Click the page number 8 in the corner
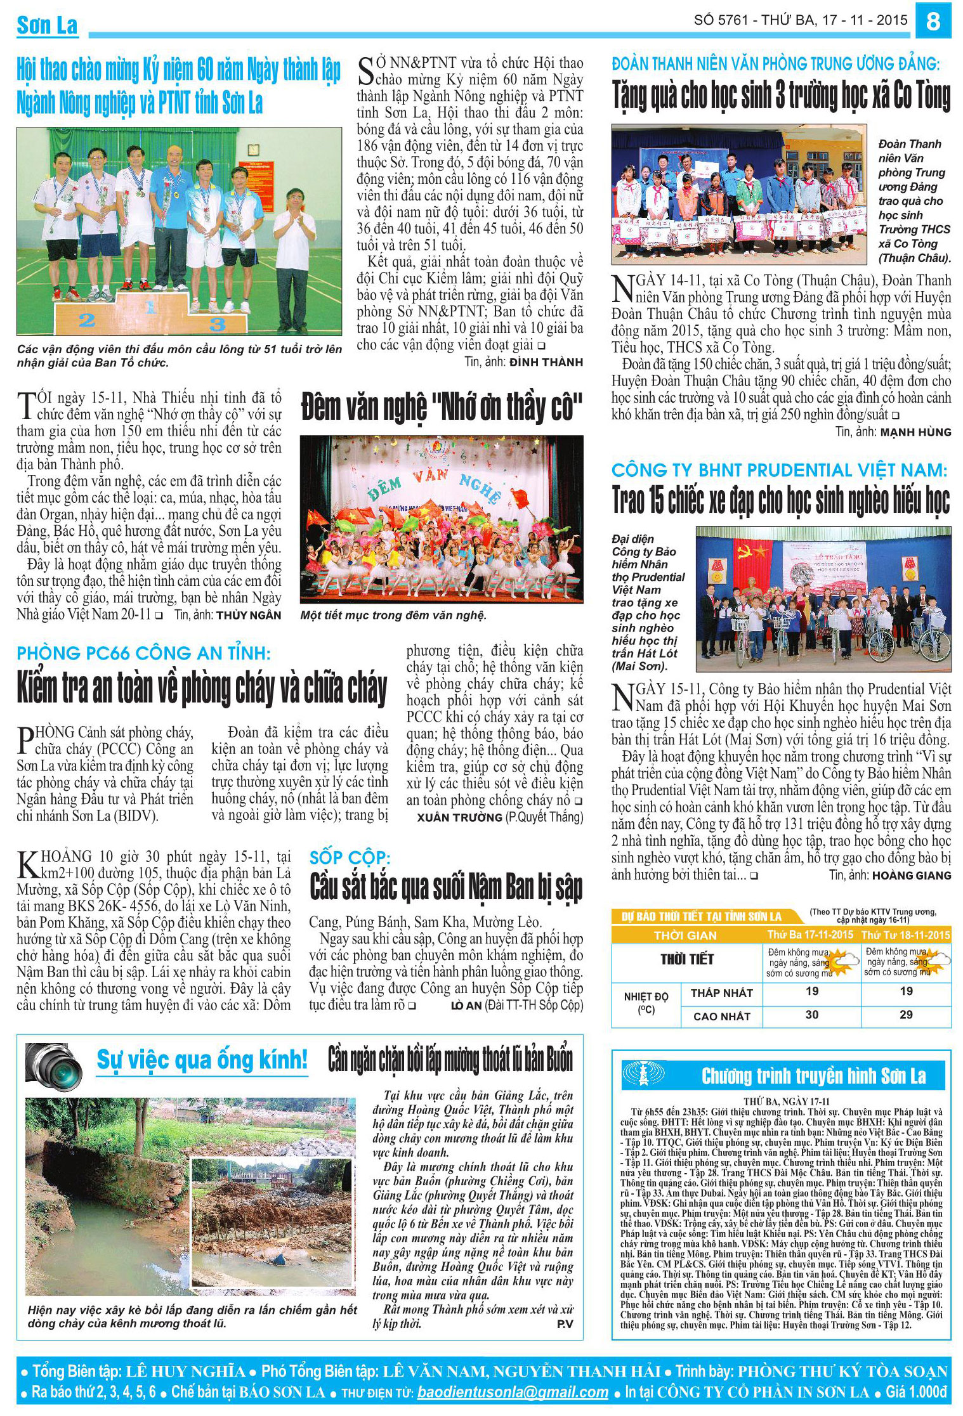tap(933, 21)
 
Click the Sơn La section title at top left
tap(48, 25)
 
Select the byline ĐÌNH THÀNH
tap(546, 362)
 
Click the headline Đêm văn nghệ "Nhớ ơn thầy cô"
tap(442, 407)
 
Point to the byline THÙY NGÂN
tap(248, 614)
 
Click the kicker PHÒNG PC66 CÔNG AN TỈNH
tap(143, 653)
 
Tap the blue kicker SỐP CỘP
tap(350, 857)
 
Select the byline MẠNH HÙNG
tap(915, 432)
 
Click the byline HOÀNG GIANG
tap(912, 875)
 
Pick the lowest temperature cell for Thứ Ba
tap(812, 991)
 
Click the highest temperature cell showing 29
tap(906, 1015)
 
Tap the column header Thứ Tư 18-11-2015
tap(905, 935)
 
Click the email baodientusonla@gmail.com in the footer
tap(513, 1393)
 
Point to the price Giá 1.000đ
tap(915, 1393)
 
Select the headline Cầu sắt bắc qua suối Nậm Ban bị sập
tap(445, 887)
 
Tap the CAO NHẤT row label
tap(721, 1016)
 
